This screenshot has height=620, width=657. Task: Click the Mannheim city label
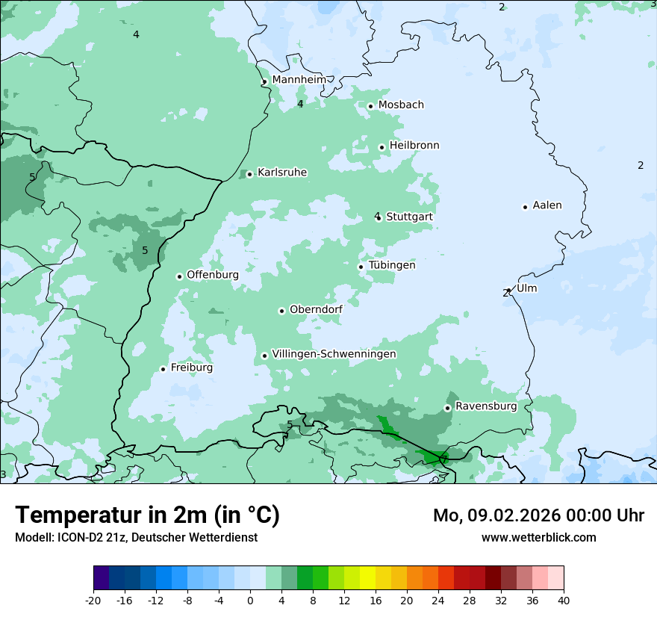tap(299, 79)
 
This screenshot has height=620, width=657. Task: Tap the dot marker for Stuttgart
tap(379, 217)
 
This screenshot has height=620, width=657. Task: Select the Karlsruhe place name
tap(281, 173)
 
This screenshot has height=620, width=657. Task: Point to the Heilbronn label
tap(414, 146)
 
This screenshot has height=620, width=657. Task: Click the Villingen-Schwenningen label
tap(334, 354)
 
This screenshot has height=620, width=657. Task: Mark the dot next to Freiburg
tap(163, 369)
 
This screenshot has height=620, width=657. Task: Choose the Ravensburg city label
tap(485, 406)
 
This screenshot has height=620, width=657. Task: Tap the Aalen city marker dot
tap(525, 207)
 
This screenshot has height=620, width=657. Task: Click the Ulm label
tap(526, 288)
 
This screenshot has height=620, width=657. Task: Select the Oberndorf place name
tap(316, 309)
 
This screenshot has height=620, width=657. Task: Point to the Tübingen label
tap(391, 265)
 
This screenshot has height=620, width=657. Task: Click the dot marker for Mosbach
tap(370, 106)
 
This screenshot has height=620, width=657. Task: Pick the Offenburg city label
tap(212, 275)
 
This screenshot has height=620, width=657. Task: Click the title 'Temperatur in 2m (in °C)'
tap(147, 515)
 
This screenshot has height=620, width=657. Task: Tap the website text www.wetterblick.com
tap(538, 537)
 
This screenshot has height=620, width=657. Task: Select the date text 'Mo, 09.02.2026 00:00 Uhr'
tap(538, 515)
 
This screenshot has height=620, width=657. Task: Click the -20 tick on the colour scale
tap(93, 600)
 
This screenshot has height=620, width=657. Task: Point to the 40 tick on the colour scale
tap(564, 600)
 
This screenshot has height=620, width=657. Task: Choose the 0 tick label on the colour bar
tap(250, 600)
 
